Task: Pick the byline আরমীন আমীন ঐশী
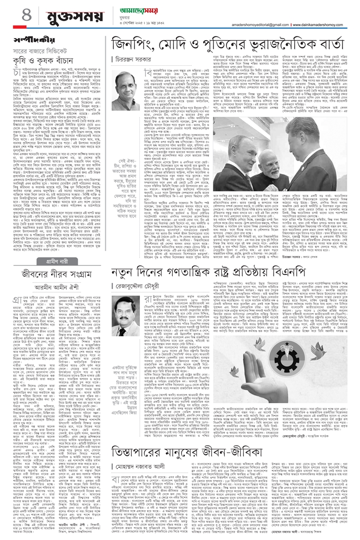(55, 289)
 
